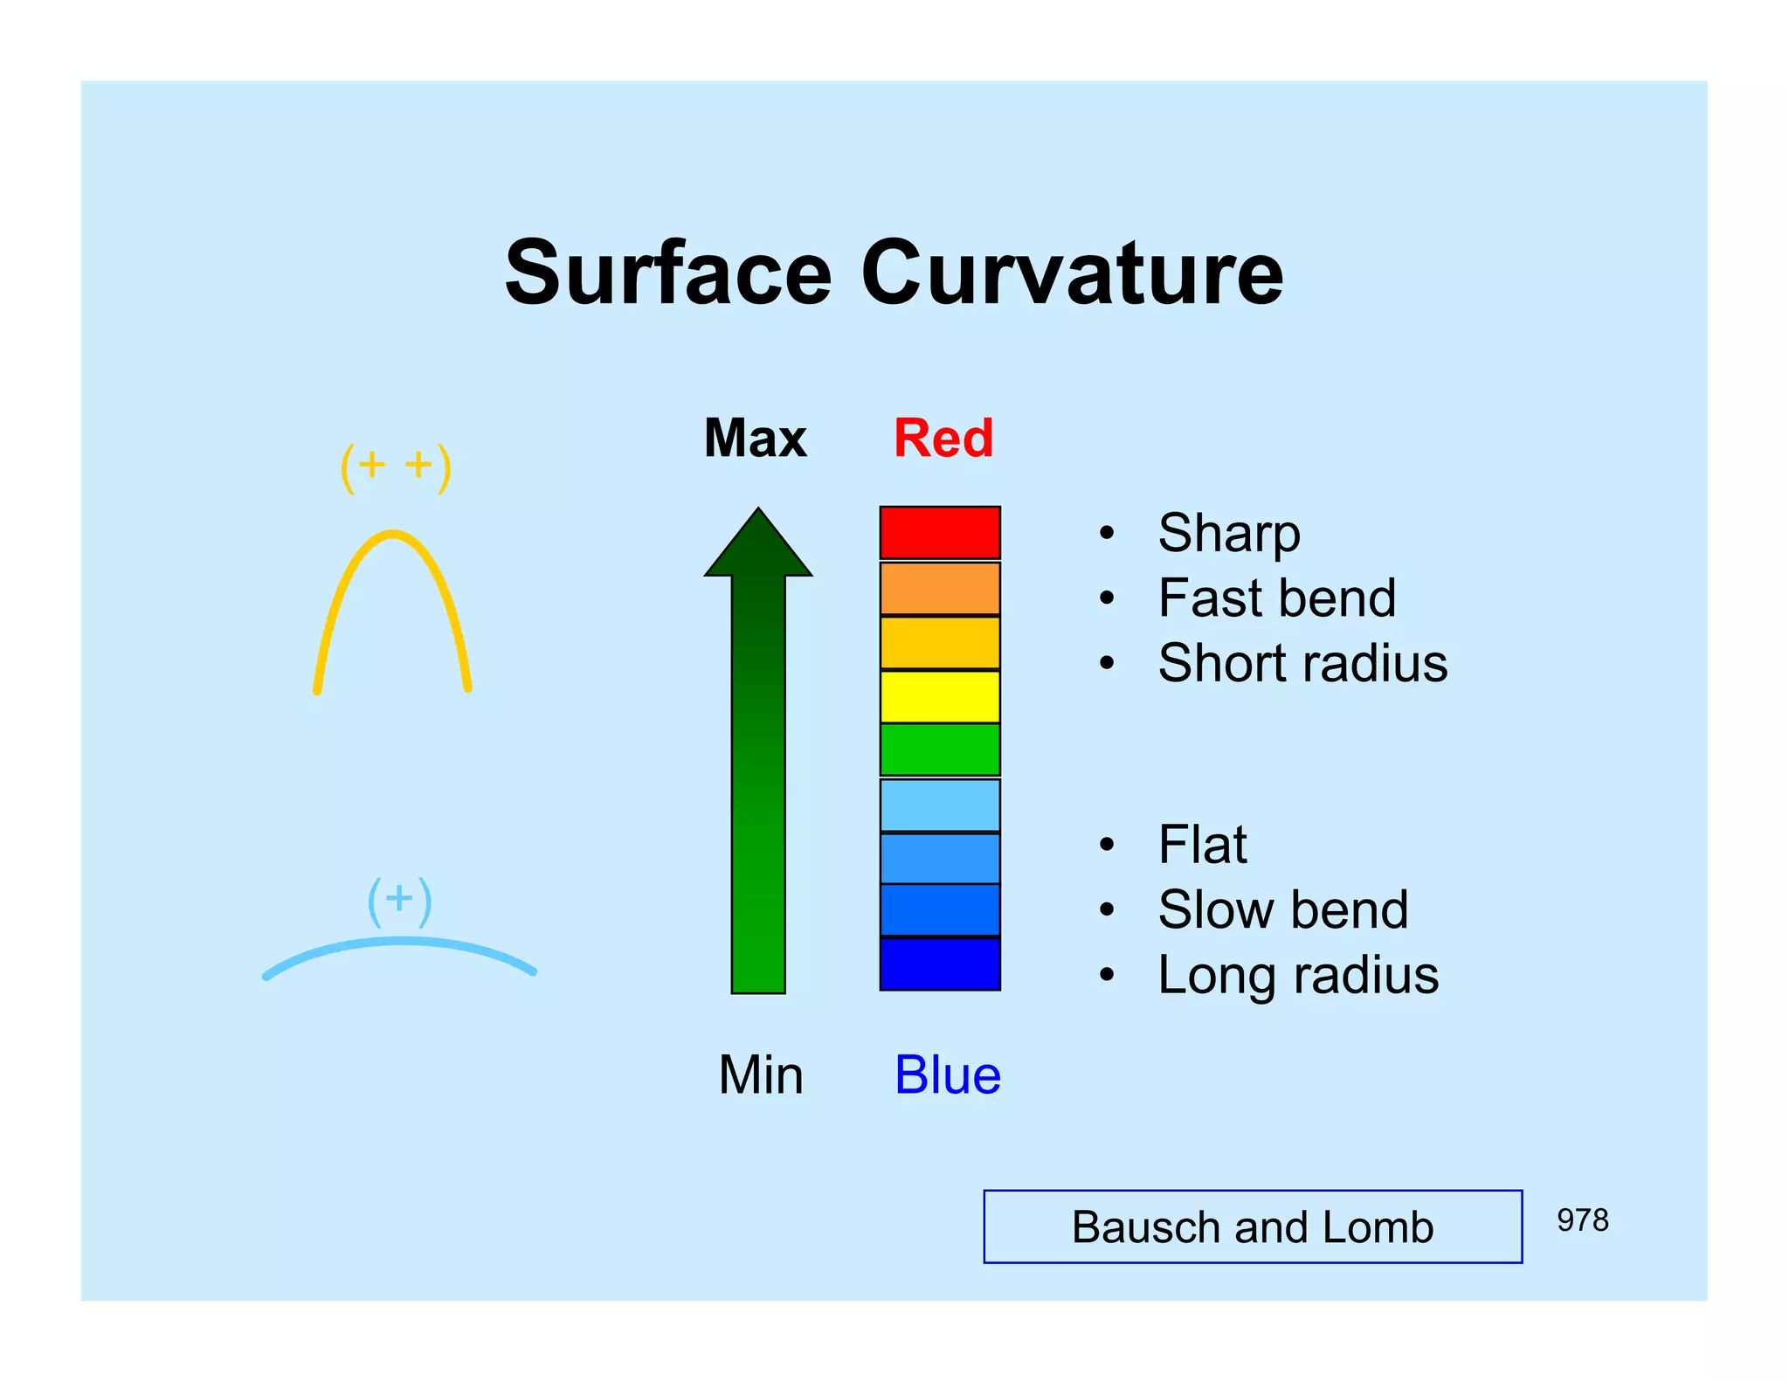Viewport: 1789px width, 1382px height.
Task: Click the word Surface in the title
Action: [x=668, y=273]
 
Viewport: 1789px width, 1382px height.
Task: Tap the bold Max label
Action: [x=756, y=438]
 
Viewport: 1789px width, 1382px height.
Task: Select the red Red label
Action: [x=943, y=438]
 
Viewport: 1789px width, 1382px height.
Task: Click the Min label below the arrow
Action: [x=760, y=1075]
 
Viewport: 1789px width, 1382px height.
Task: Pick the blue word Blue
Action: [x=948, y=1075]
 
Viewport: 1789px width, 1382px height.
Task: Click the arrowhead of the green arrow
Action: [x=758, y=546]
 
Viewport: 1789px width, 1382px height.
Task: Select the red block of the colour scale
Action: [x=940, y=532]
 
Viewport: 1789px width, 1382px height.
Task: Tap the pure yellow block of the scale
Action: [x=940, y=696]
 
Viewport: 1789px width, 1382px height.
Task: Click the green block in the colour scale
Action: [x=940, y=750]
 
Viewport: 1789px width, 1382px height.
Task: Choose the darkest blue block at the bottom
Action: [x=940, y=964]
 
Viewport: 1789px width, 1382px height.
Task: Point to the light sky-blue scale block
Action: [x=940, y=805]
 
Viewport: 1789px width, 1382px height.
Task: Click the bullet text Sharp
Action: [x=1229, y=533]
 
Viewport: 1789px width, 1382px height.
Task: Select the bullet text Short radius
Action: [x=1302, y=663]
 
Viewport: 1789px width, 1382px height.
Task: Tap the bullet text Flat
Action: [x=1202, y=845]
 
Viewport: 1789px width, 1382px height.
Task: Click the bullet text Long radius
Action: [x=1298, y=975]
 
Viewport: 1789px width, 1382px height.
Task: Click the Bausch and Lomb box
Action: [x=1253, y=1227]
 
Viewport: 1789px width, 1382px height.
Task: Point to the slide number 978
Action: [x=1582, y=1220]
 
